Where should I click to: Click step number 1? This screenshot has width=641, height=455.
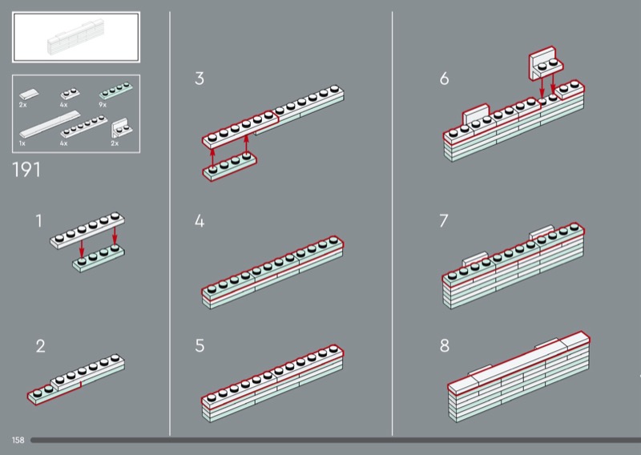click(38, 219)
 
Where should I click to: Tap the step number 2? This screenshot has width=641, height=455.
click(40, 347)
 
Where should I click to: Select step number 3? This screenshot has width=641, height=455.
click(200, 79)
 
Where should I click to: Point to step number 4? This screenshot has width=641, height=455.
click(200, 220)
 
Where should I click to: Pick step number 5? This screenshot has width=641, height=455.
click(200, 347)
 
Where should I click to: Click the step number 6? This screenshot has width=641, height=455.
click(444, 79)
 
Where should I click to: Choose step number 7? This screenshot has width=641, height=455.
click(444, 220)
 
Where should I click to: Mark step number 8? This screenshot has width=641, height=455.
click(444, 347)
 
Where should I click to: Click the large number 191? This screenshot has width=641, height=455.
click(27, 170)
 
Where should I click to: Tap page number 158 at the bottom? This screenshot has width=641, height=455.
click(18, 441)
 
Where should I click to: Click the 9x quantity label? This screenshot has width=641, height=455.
click(103, 105)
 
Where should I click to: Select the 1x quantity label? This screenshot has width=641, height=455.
click(22, 143)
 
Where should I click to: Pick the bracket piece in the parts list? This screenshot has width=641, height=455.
click(122, 127)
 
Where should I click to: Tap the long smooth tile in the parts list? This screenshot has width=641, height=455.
click(50, 124)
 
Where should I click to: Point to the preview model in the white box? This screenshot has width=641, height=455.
click(77, 36)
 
